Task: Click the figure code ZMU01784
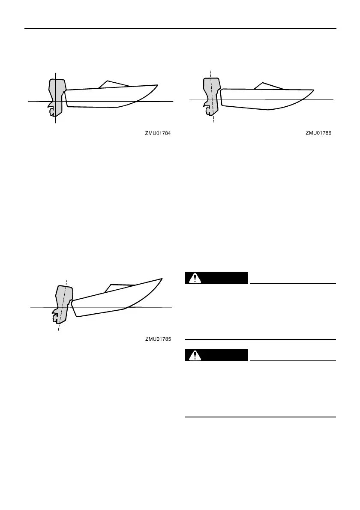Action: pyautogui.click(x=157, y=133)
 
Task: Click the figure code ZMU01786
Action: pyautogui.click(x=319, y=133)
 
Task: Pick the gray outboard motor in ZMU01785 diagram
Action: pyautogui.click(x=63, y=300)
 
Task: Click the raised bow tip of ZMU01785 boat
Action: pyautogui.click(x=161, y=279)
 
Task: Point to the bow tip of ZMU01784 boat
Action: pyautogui.click(x=157, y=86)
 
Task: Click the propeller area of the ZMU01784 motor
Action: pyautogui.click(x=52, y=111)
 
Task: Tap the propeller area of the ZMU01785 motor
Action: pyautogui.click(x=55, y=318)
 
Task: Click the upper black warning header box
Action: pyautogui.click(x=216, y=278)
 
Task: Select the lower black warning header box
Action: pyautogui.click(x=216, y=355)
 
